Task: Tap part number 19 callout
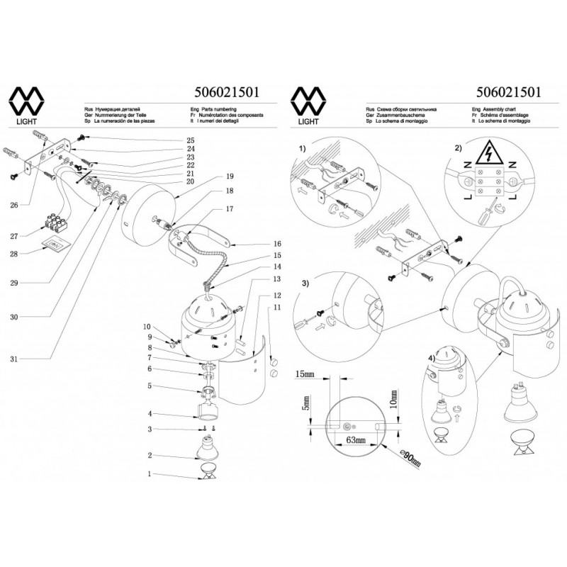[x=230, y=175]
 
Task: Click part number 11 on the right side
[x=277, y=307]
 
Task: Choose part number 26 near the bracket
[x=13, y=205]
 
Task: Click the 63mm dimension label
[x=355, y=440]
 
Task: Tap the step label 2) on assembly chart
[x=459, y=150]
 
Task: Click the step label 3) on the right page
[x=305, y=283]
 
